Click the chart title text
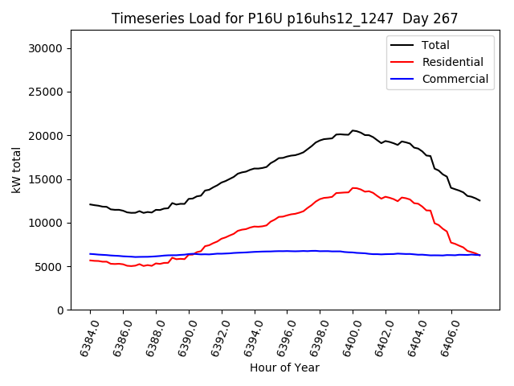(285, 18)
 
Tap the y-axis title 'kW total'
(17, 170)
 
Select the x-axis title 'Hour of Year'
(284, 368)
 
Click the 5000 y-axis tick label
(51, 266)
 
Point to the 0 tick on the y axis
(61, 310)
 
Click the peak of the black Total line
(353, 130)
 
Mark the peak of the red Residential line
(353, 187)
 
